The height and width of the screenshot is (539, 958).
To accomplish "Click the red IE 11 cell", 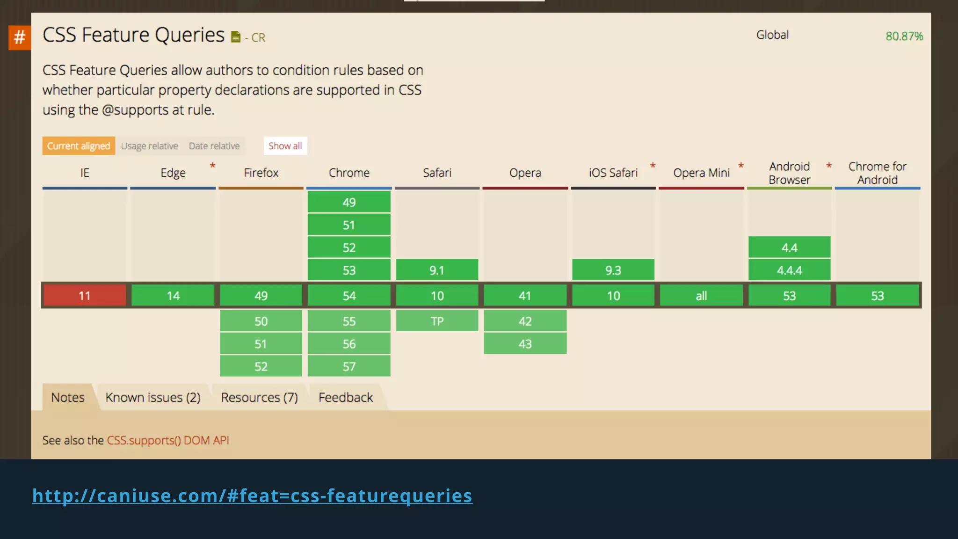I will [x=85, y=296].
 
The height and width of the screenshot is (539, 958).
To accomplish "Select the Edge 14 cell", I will [x=173, y=296].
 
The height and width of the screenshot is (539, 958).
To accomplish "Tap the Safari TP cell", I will [x=437, y=321].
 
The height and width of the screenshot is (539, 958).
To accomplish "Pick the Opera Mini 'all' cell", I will [x=701, y=296].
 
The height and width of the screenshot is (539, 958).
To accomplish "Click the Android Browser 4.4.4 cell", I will [x=789, y=270].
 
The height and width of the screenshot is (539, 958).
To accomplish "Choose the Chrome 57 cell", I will [x=349, y=366].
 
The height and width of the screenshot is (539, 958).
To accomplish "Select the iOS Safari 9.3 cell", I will [x=613, y=270].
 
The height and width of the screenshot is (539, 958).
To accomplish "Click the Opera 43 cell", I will [x=525, y=344].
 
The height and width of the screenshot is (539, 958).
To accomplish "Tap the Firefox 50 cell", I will [x=261, y=321].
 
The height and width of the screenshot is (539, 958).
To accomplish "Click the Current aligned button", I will [x=79, y=146].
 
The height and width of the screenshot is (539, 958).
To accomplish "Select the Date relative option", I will [x=214, y=146].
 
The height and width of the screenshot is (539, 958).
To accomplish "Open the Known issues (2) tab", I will [x=152, y=397].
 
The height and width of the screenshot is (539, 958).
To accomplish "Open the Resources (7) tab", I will [x=259, y=397].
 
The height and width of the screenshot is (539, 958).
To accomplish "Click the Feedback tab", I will [x=346, y=397].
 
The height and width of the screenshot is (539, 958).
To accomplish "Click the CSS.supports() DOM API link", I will [x=168, y=440].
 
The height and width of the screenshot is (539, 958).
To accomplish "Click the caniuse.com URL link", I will [x=252, y=495].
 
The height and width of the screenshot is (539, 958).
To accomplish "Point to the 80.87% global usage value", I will [x=904, y=36].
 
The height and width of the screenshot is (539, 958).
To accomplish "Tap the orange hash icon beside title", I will [x=20, y=37].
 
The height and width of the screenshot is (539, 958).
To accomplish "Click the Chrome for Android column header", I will [x=877, y=173].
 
